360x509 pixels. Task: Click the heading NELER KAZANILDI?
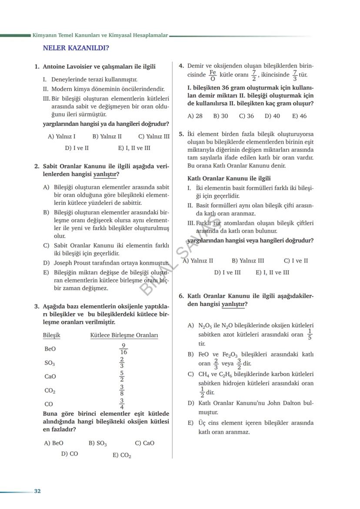(x=76, y=48)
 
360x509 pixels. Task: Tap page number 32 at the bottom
(x=37, y=491)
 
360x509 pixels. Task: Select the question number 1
(x=37, y=67)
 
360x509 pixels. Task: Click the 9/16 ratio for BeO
(x=123, y=349)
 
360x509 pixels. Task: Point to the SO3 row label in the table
(x=50, y=363)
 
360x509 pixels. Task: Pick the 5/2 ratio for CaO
(x=122, y=376)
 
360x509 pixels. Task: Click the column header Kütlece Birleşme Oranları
(x=124, y=335)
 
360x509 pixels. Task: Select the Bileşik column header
(x=52, y=335)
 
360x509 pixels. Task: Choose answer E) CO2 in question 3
(x=122, y=455)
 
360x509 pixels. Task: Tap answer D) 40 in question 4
(x=272, y=116)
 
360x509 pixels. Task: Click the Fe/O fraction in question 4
(x=213, y=75)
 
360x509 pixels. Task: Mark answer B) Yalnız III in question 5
(x=247, y=261)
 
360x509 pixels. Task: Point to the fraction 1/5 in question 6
(x=310, y=334)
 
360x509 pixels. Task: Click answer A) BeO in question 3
(x=54, y=443)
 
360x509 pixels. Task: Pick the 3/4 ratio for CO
(x=122, y=404)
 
